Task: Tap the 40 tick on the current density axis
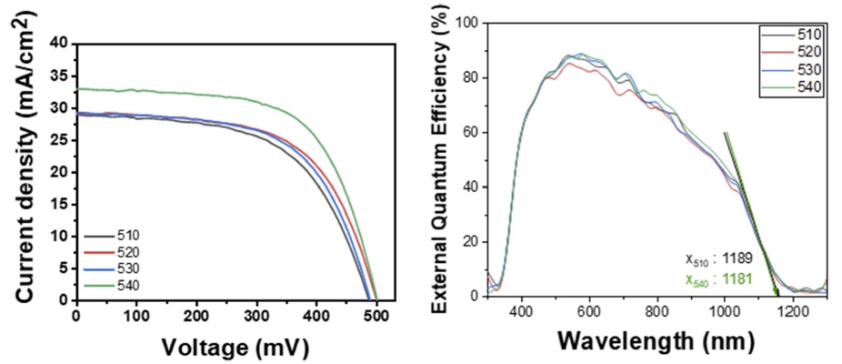[60, 43]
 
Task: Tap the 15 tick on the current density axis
[60, 204]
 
